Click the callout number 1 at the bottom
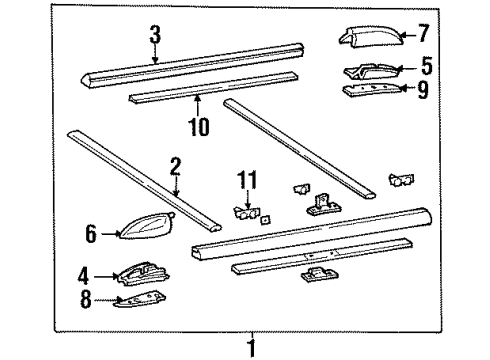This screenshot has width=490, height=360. (252, 348)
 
